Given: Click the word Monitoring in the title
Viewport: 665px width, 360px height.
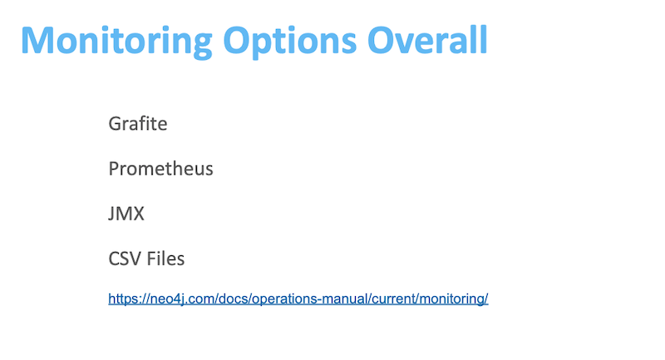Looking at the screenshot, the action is pos(116,41).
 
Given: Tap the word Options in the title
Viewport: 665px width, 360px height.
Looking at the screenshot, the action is pos(289,41).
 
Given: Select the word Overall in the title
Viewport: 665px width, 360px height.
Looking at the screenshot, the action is pos(427,40).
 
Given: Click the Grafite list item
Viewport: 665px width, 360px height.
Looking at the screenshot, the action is pos(138,123).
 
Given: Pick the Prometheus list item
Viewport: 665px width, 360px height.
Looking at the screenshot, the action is pos(160,168).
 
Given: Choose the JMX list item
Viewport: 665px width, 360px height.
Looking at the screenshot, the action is pos(126,214).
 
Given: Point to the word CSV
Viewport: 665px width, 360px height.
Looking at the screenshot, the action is pos(126,259).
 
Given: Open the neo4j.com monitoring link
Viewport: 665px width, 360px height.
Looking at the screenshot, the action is pos(298,298).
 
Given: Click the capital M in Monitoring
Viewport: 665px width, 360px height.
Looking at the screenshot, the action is pos(37,40).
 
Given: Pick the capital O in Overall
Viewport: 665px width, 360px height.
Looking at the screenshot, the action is pos(381,40).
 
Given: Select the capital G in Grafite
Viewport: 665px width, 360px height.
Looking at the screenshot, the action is pos(115,124).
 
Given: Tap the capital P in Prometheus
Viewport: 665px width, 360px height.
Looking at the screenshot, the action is pos(114,168).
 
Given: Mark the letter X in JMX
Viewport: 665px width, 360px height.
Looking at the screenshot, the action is pos(138,214).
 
